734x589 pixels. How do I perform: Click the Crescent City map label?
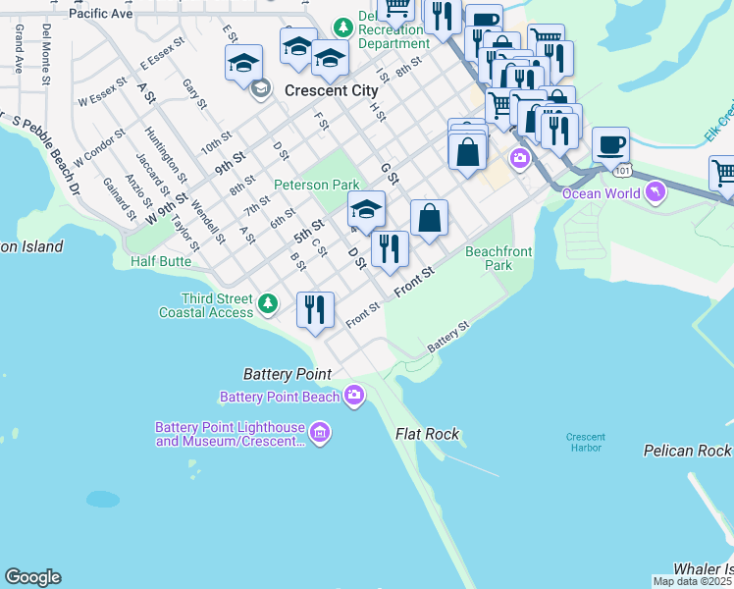[x=331, y=90]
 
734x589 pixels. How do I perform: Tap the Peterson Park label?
[x=316, y=185]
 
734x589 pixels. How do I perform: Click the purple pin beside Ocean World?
[x=655, y=192]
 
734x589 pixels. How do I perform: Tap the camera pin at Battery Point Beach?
[x=353, y=397]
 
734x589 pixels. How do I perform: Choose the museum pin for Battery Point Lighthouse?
[x=318, y=433]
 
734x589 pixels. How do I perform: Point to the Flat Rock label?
[x=427, y=434]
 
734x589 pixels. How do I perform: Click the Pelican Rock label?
[x=687, y=451]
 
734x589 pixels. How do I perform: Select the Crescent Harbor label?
[x=585, y=443]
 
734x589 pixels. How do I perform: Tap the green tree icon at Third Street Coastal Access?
[x=268, y=305]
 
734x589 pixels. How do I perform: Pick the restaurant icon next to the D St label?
[x=390, y=250]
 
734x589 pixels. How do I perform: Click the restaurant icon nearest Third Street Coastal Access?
[x=315, y=310]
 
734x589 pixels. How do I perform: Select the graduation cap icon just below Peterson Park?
[x=366, y=210]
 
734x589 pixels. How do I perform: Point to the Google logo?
[x=32, y=577]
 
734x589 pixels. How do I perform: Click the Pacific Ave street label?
[x=100, y=15]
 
